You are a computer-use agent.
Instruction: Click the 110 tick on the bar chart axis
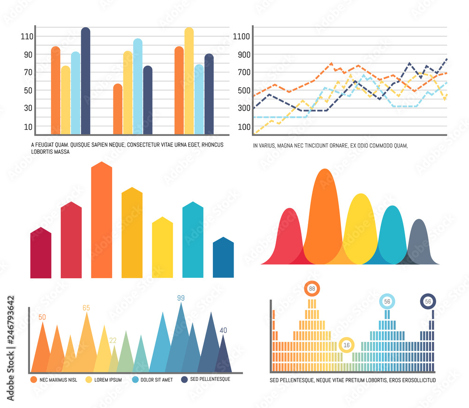point(26,36)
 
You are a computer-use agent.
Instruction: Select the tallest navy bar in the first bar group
point(85,81)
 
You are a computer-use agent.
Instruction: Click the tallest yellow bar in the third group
point(189,81)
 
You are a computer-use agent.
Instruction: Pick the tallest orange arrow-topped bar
point(102,220)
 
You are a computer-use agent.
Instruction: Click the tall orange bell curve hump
point(323,211)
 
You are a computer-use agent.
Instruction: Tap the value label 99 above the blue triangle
point(181,298)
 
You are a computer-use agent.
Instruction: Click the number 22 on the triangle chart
point(113,341)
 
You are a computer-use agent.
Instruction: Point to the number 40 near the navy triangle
point(223,330)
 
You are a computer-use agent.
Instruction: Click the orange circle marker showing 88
point(312,289)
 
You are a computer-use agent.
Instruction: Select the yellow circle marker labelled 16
point(347,345)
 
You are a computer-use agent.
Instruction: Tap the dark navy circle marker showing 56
point(428,302)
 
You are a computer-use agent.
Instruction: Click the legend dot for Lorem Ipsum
point(88,379)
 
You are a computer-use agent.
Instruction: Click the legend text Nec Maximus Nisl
point(58,379)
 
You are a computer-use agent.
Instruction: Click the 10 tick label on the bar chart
point(28,126)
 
